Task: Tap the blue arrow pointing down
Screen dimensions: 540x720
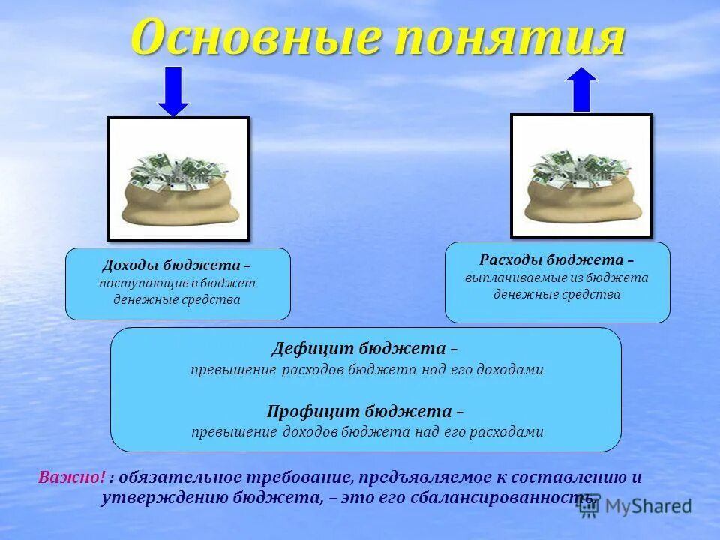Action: click(x=173, y=91)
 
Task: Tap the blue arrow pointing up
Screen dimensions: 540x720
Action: click(x=581, y=89)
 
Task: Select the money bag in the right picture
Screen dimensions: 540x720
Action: click(x=581, y=192)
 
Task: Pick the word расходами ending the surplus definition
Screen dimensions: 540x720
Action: click(x=511, y=432)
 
